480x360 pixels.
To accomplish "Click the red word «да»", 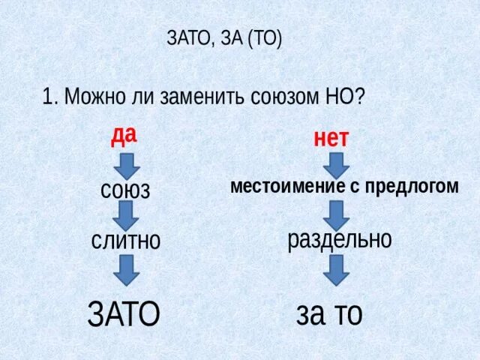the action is tap(124, 136).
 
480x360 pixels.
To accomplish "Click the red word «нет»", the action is tap(331, 138).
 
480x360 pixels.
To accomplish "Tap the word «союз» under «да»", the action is tap(125, 189).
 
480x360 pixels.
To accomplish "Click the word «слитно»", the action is tap(126, 240).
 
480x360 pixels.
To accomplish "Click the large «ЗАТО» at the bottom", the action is tap(124, 313).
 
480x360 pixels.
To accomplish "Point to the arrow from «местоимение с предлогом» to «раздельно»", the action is tap(336, 214).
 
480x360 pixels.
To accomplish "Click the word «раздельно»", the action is tap(340, 240).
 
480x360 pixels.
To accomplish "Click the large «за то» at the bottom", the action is tap(329, 313).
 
